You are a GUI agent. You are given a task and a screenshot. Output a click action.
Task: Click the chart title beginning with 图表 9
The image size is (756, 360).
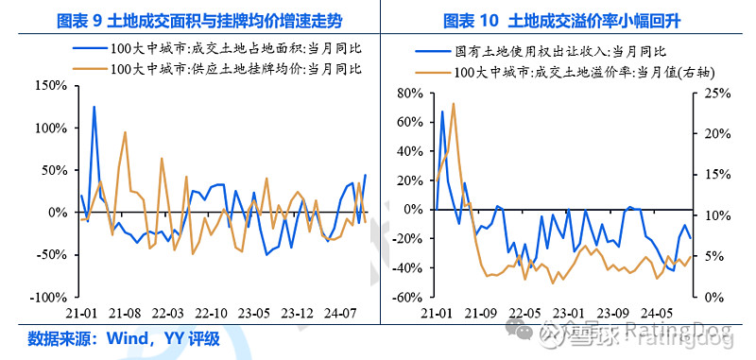click(190, 19)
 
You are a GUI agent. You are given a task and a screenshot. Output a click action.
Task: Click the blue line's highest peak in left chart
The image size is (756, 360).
click(94, 107)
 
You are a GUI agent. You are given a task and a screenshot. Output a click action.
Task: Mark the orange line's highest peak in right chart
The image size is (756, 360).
click(454, 104)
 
